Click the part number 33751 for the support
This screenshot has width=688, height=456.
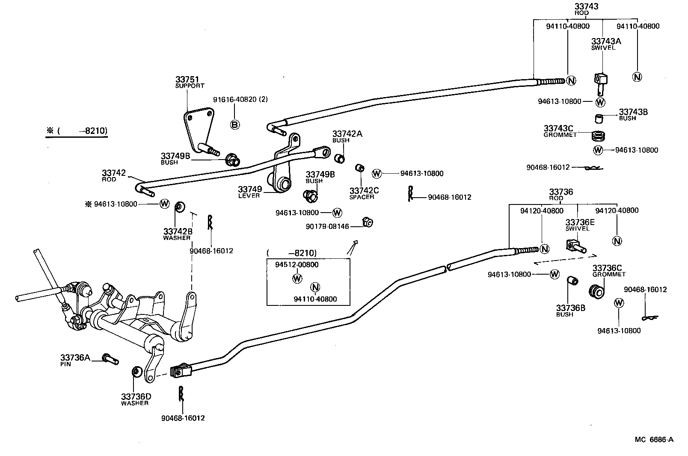pos(187,80)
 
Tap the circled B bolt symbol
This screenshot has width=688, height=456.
pos(235,124)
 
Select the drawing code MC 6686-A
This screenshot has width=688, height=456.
pos(654,439)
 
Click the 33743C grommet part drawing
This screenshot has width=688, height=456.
pos(599,136)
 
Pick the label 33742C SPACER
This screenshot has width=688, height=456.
pos(364,193)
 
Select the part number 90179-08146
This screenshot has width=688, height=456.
pos(327,226)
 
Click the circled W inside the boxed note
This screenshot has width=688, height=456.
pos(297,278)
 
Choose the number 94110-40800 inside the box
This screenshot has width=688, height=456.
pos(315,299)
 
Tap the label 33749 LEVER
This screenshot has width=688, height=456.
pos(249,192)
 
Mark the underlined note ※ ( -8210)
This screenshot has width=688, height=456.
pos(77,131)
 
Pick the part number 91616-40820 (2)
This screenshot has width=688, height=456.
pos(240,100)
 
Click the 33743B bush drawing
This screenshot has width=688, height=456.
pos(599,118)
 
